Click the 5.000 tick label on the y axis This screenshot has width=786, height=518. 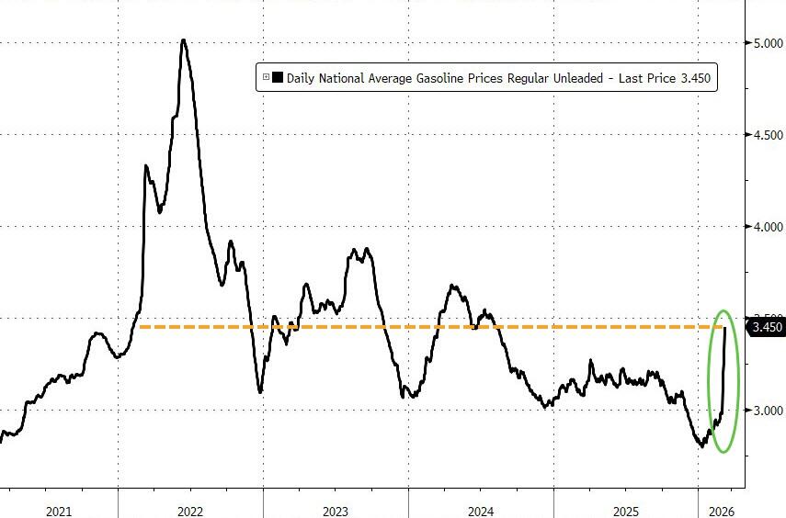click(x=766, y=42)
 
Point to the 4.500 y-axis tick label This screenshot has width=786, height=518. click(x=766, y=134)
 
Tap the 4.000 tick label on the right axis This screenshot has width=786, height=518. click(x=766, y=226)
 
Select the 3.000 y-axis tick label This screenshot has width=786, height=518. click(x=766, y=410)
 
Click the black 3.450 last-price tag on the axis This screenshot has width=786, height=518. click(x=768, y=328)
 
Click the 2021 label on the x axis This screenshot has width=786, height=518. click(x=59, y=511)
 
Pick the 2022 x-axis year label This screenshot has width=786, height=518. click(x=189, y=511)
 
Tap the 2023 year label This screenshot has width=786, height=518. click(x=335, y=511)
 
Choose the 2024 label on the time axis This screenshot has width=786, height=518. click(x=480, y=511)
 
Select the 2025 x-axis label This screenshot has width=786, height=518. click(x=625, y=511)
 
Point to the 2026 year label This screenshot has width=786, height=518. click(x=721, y=511)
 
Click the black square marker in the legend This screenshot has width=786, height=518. click(x=278, y=79)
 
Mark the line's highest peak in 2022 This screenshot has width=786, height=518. click(x=184, y=40)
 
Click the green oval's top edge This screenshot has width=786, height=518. click(x=723, y=310)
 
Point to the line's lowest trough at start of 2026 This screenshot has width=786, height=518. click(x=701, y=446)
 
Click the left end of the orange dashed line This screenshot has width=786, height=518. click(x=140, y=327)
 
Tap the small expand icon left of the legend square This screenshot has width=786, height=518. click(x=266, y=79)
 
